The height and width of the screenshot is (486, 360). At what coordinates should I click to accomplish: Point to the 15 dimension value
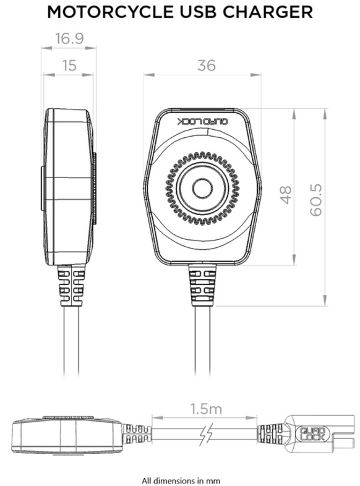coord(69,65)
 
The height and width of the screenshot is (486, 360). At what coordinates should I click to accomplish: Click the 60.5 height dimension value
coord(316,198)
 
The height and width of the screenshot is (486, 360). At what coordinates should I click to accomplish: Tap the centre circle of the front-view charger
coord(202,187)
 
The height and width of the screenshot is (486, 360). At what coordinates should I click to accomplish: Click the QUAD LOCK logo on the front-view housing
coord(202,123)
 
